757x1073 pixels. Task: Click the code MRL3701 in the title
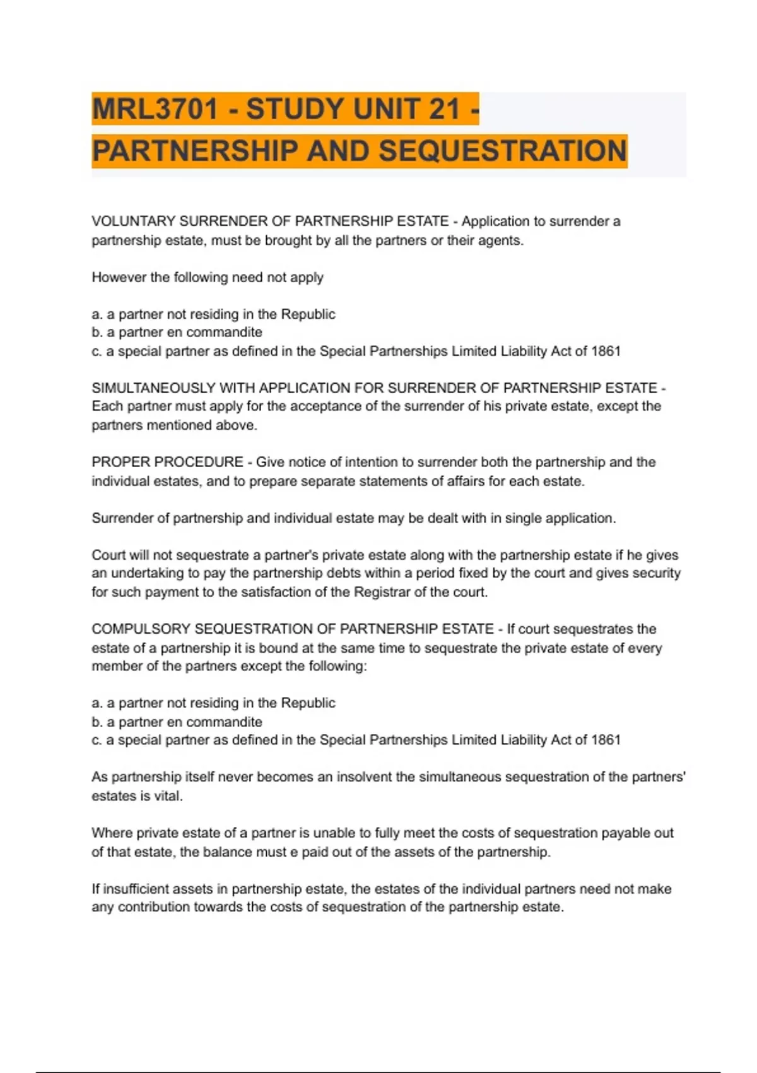pos(155,109)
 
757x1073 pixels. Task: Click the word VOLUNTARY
pos(133,222)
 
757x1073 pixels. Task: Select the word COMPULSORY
pos(141,629)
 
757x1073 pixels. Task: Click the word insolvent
pos(364,777)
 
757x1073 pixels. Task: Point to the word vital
pos(167,796)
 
